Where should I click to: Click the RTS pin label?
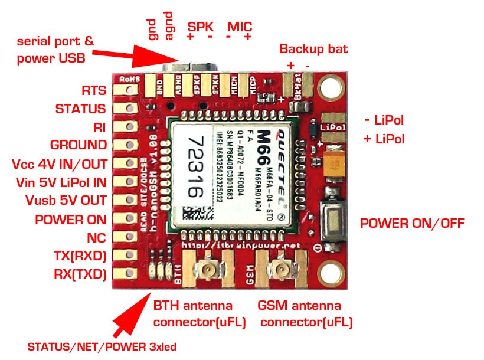pos(94,91)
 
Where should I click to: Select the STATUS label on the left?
pos(80,109)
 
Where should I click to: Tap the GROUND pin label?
pos(79,145)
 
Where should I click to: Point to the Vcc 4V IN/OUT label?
pos(59,163)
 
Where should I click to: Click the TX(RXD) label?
pos(80,256)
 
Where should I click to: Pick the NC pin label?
pos(96,237)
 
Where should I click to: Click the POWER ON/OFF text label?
pos(412,223)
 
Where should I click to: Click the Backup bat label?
pos(313,48)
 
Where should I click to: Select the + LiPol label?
pos(384,139)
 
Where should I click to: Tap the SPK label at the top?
pos(201,27)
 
